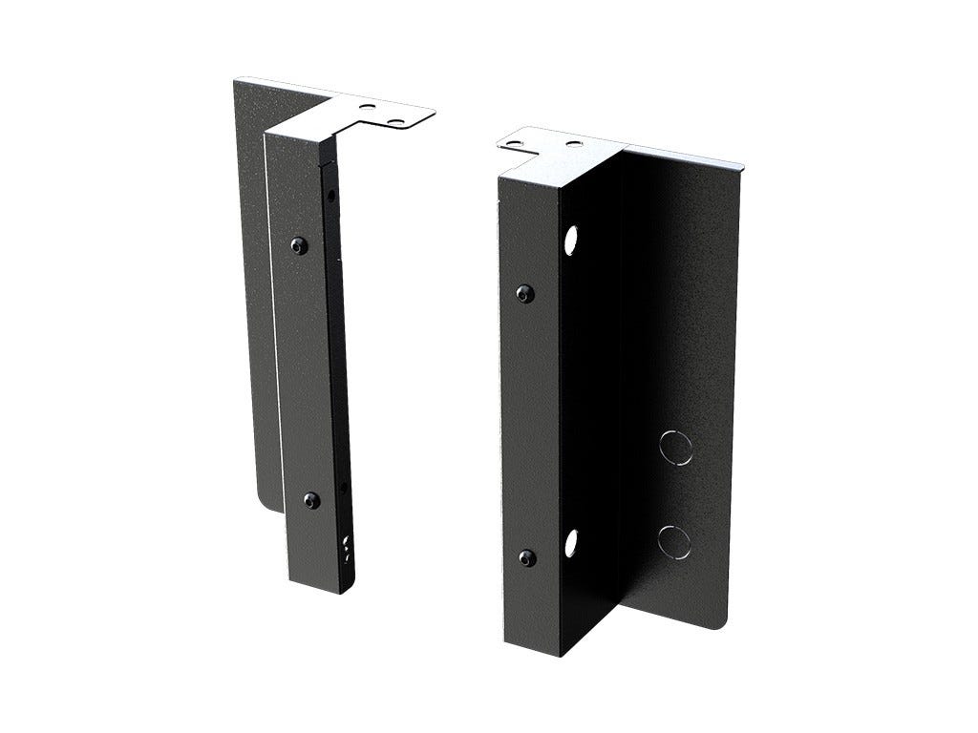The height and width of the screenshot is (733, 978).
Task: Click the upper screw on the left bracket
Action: pos(300,245)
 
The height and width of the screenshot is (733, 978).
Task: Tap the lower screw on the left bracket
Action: pos(311,499)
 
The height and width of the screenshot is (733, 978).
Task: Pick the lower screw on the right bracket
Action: pos(524,557)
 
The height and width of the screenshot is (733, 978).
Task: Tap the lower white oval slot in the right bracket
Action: pos(571,542)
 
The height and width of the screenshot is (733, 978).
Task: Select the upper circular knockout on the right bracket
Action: pos(673,448)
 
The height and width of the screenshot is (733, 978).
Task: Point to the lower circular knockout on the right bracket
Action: pos(673,540)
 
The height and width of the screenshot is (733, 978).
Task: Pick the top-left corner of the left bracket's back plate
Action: pos(234,82)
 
